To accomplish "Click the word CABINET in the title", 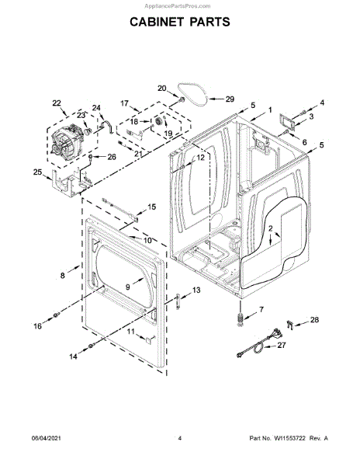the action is pos(157,22).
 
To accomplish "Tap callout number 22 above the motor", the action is pos(57,103).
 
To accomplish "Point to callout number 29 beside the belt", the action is pos(230,99).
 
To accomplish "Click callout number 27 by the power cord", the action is pos(282,345).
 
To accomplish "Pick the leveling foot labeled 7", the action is pos(241,319).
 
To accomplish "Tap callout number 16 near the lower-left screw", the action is pos(37,326).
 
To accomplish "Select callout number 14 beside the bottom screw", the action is pos(73,356).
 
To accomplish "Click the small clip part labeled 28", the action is pos(289,325).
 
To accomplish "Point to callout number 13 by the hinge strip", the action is pos(196,290).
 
